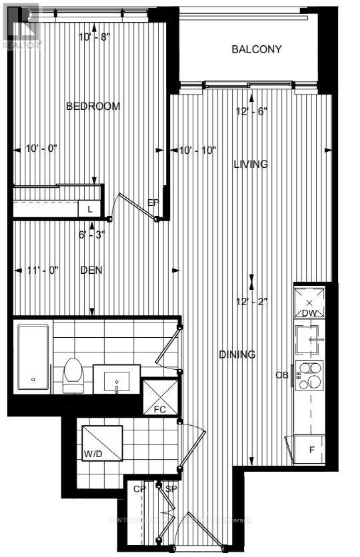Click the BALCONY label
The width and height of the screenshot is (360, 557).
pos(257,49)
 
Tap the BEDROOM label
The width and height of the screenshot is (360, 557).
pos(93,106)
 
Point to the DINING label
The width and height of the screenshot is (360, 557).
pos(237,354)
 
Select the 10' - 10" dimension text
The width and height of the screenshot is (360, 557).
pos(197,151)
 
